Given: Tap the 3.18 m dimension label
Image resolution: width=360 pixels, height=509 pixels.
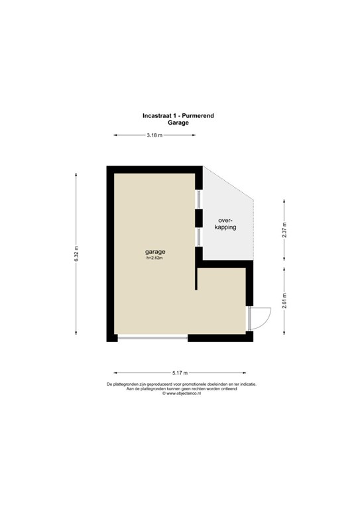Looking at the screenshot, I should pyautogui.click(x=154, y=136).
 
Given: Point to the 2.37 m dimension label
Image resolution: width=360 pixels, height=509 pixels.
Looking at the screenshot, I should pyautogui.click(x=284, y=229).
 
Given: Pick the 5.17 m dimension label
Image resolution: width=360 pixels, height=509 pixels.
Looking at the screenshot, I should pyautogui.click(x=180, y=372).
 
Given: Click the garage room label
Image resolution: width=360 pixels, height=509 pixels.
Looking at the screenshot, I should pyautogui.click(x=155, y=252).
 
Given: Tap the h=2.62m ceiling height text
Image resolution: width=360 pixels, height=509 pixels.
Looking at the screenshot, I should pyautogui.click(x=155, y=259).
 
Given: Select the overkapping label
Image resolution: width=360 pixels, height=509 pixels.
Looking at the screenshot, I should pyautogui.click(x=226, y=223).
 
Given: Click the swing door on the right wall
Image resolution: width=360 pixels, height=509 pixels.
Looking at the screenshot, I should pyautogui.click(x=257, y=318).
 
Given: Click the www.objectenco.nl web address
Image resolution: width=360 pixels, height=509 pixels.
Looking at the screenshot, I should pyautogui.click(x=180, y=394).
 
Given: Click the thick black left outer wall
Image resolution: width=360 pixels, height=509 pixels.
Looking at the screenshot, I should pyautogui.click(x=110, y=252).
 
